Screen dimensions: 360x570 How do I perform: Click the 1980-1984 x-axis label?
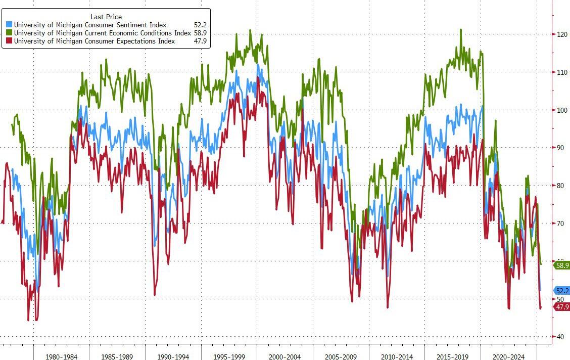coord(61,356)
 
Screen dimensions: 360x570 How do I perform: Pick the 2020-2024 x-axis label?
coord(508,356)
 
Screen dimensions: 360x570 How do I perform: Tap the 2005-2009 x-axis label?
coord(341,356)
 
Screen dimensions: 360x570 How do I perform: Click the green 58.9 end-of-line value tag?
coord(562,265)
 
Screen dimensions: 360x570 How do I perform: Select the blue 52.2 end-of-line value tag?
coord(562,290)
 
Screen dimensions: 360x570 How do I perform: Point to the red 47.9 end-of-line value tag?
coord(562,307)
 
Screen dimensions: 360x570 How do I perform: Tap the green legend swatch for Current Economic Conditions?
coord(9,33)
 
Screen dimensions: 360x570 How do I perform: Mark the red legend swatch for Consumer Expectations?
coord(9,41)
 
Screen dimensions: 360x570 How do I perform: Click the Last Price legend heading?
coord(106,17)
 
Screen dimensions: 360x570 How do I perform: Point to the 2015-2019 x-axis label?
coord(452,356)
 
